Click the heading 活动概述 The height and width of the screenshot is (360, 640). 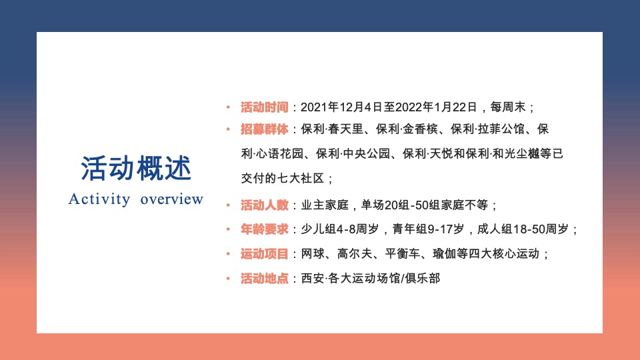tap(136, 169)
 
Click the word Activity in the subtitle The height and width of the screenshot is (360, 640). tap(99, 199)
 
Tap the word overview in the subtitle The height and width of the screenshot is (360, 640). tap(171, 199)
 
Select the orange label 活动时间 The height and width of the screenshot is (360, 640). tap(265, 107)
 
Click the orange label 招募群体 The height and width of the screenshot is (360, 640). tap(265, 129)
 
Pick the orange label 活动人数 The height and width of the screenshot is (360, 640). tap(265, 205)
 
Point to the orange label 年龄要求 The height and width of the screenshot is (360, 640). tap(265, 229)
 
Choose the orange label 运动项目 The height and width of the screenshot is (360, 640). tap(265, 254)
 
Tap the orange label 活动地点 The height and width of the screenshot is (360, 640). tap(265, 279)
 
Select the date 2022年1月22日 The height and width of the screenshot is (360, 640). tap(437, 107)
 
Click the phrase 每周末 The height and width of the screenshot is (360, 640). tap(509, 107)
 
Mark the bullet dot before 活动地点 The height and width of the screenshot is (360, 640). tap(227, 279)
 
